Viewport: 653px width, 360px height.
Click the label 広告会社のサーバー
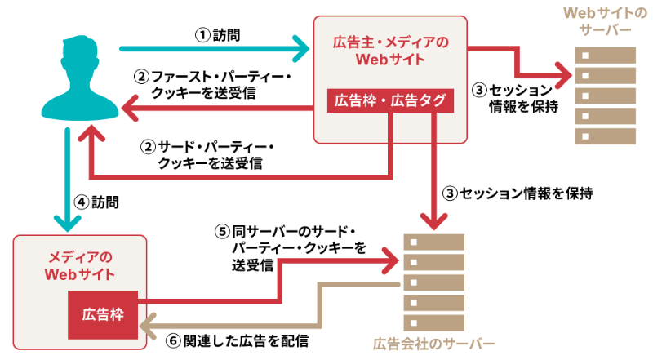(x=433, y=343)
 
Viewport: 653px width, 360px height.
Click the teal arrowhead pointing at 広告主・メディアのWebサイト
(x=303, y=50)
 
